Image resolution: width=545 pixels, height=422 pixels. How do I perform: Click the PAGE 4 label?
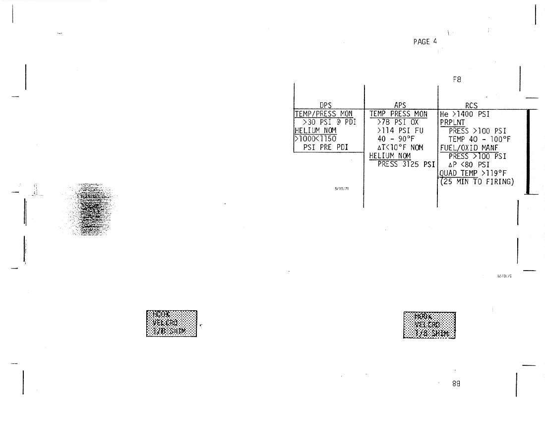(425, 42)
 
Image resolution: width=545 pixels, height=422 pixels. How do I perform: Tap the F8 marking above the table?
(457, 79)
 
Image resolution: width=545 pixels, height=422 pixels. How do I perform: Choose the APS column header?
(400, 105)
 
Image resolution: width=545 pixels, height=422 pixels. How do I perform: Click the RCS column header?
(471, 106)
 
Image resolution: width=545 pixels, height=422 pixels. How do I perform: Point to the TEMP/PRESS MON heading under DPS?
(324, 114)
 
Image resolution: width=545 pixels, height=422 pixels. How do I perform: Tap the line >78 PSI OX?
(398, 122)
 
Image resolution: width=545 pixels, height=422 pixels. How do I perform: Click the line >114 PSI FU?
(400, 131)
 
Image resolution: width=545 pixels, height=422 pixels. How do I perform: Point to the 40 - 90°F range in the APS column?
(395, 139)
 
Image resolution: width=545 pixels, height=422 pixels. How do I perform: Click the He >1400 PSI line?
(465, 114)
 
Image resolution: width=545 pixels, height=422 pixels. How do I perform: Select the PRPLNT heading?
(452, 123)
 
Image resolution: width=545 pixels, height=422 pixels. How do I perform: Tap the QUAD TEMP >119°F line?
(473, 173)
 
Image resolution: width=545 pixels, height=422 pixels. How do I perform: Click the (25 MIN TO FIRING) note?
(477, 182)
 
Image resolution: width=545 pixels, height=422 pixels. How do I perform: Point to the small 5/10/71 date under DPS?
(342, 189)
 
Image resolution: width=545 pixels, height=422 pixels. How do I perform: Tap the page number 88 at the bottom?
(456, 383)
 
